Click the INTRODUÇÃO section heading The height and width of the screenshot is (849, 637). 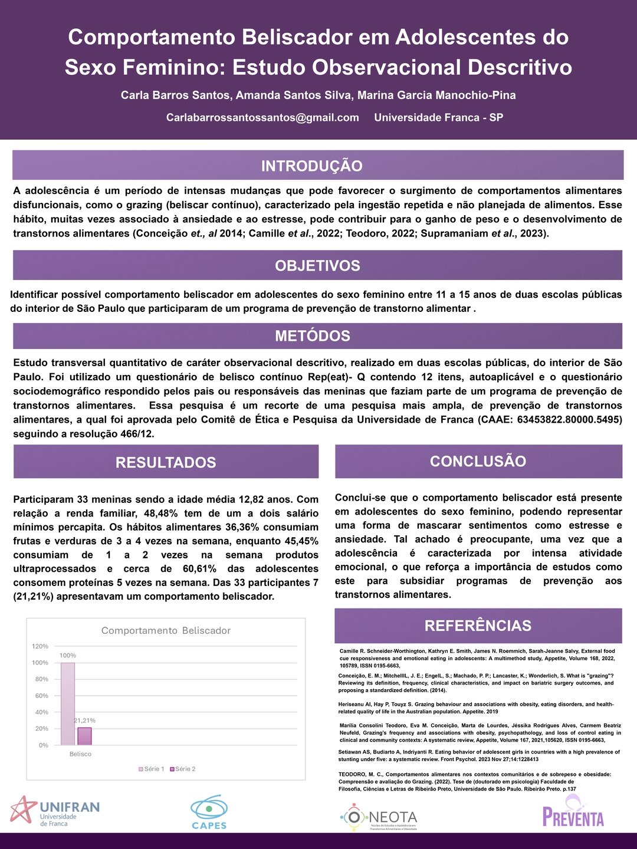tap(311, 166)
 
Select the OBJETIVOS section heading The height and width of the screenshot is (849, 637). tap(317, 265)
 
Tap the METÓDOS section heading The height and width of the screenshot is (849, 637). tap(313, 336)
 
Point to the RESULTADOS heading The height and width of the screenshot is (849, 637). tap(166, 462)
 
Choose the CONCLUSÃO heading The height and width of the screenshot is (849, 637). tap(478, 461)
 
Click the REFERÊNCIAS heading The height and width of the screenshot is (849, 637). tap(478, 626)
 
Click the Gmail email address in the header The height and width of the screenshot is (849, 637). tap(262, 117)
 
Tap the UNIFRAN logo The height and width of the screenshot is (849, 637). tap(55, 811)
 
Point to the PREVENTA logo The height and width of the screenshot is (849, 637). tap(573, 812)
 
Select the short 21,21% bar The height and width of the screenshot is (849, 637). tap(84, 736)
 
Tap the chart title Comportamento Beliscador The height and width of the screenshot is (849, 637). tap(166, 630)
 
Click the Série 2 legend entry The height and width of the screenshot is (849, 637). tap(183, 769)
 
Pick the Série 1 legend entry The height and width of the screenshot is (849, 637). tap(152, 769)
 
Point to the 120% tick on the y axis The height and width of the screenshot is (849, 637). tap(40, 646)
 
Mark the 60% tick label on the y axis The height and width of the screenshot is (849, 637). tap(41, 696)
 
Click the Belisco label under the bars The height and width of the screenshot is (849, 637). tap(80, 754)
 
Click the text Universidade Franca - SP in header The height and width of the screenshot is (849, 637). tap(438, 117)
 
